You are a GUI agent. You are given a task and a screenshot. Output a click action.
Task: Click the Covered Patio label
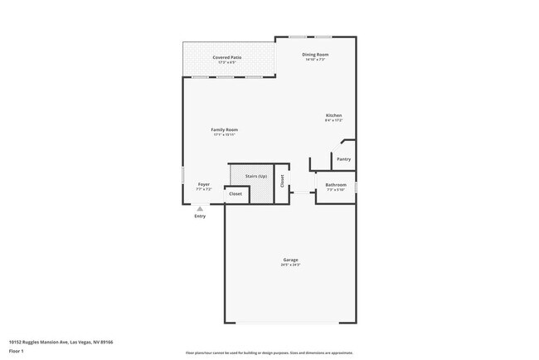click(x=227, y=57)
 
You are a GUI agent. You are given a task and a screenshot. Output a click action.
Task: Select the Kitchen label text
click(x=333, y=115)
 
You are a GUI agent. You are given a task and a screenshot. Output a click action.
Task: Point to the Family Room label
click(x=224, y=129)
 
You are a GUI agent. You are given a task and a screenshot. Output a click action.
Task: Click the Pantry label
click(x=343, y=159)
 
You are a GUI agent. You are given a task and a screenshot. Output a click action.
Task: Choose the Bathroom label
click(x=336, y=184)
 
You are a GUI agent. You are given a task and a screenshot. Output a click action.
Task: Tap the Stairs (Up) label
click(x=256, y=177)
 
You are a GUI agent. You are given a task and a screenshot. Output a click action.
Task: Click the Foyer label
click(x=203, y=184)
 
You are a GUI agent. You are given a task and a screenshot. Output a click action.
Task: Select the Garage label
click(x=290, y=260)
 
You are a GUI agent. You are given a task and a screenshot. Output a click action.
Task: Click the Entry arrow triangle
click(x=199, y=209)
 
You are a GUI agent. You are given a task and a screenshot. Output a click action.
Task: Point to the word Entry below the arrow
click(x=199, y=217)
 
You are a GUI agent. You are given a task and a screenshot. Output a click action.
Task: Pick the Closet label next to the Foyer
click(x=236, y=193)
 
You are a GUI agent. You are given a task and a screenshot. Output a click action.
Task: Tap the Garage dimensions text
click(x=290, y=265)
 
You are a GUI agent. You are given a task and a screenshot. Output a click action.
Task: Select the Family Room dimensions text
click(x=224, y=134)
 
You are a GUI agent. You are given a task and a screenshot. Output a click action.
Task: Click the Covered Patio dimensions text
click(x=227, y=62)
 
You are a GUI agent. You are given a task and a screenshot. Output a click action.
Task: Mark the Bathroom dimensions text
click(x=336, y=189)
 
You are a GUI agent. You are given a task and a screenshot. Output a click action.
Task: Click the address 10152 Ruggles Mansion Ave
click(x=61, y=342)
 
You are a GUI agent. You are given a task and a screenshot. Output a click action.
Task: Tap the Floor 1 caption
click(x=17, y=352)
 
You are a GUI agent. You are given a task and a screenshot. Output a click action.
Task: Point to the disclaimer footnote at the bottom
click(x=269, y=353)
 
